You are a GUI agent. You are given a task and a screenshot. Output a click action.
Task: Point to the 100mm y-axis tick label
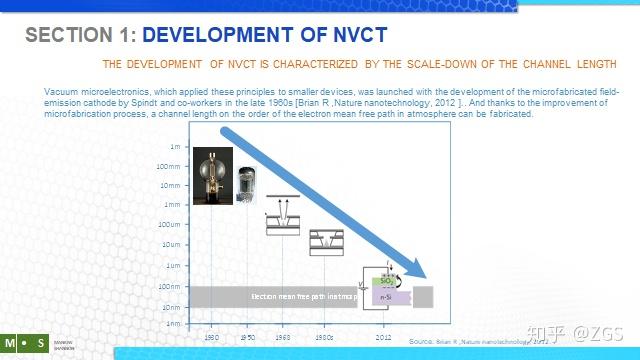coord(170,166)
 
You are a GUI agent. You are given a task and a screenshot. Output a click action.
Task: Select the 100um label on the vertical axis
coord(170,224)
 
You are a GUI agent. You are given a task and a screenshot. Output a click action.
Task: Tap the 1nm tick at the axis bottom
coord(173,323)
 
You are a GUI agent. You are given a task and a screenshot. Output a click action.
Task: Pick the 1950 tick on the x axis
coord(247,337)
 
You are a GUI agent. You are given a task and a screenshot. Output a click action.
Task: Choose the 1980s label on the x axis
coord(322,337)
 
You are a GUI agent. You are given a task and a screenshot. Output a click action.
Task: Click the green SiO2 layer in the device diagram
coord(386,281)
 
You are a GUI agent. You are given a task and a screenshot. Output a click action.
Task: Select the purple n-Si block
coord(389,297)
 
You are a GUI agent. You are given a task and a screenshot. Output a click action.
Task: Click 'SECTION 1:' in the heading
coord(81,36)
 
